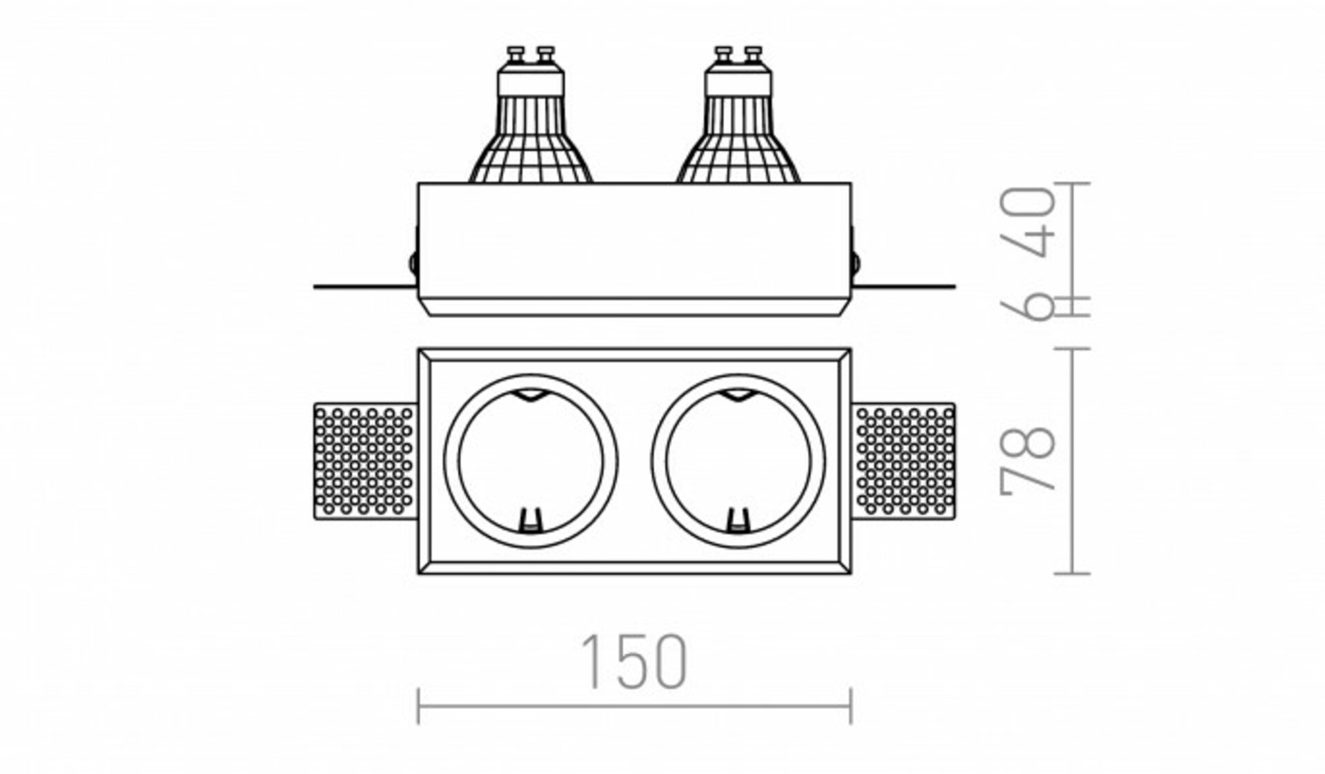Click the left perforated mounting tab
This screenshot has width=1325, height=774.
364,461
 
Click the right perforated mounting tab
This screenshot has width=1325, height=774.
905,461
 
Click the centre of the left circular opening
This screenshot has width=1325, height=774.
530,461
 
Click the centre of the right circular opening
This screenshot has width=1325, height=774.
738,461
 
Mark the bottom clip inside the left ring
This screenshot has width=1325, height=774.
529,520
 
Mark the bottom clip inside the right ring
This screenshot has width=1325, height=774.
737,520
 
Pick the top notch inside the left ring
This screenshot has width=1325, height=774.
529,395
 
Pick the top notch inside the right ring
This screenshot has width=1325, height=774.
737,395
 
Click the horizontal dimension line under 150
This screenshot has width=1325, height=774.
634,705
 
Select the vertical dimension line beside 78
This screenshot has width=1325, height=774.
1072,461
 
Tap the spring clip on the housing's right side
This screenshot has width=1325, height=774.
856,261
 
